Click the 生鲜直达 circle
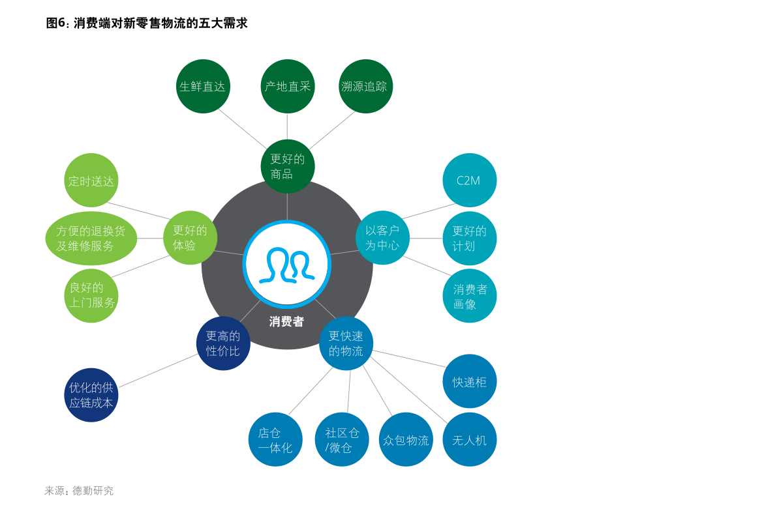(x=203, y=86)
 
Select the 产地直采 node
(x=288, y=86)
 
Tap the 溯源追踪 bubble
(x=365, y=86)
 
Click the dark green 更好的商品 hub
(x=288, y=166)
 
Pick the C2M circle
(x=469, y=181)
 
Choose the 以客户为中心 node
(x=382, y=238)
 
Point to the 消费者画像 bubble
(x=469, y=296)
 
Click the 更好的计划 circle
(x=469, y=239)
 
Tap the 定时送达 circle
(x=91, y=181)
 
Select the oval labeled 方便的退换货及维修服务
(x=91, y=239)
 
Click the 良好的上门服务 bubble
(x=91, y=296)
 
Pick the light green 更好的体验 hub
(x=190, y=238)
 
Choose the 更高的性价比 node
(x=223, y=343)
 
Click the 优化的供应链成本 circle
(x=91, y=395)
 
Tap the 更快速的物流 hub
(x=346, y=343)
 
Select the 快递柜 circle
(x=469, y=382)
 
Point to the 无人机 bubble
(x=469, y=440)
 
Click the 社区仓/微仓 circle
(x=342, y=440)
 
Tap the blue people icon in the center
(x=287, y=265)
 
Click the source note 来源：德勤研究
(x=79, y=491)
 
